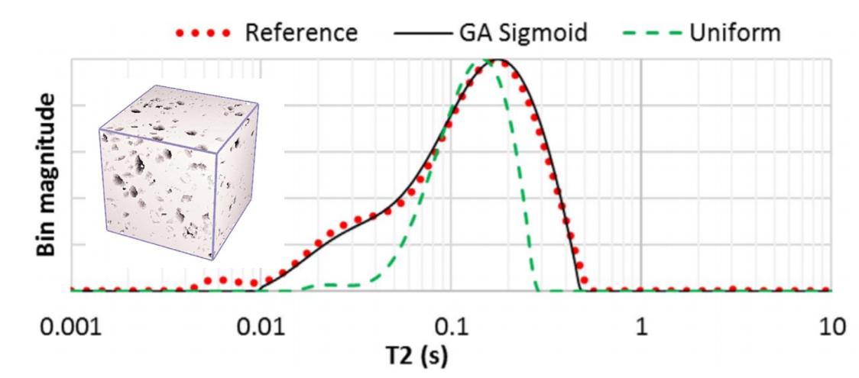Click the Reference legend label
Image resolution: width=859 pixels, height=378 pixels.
[x=301, y=33]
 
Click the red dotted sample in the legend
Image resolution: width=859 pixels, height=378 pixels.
[x=203, y=34]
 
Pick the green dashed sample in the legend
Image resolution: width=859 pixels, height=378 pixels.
[x=650, y=34]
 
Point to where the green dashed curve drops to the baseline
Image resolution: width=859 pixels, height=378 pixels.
[x=538, y=289]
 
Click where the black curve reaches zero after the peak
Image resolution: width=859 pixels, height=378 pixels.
[x=579, y=289]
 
